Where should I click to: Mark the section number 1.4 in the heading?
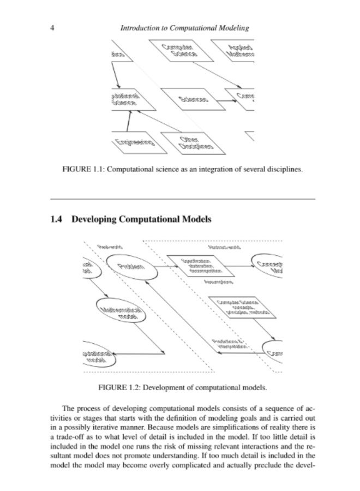[55, 219]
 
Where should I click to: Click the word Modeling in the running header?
[229, 28]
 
